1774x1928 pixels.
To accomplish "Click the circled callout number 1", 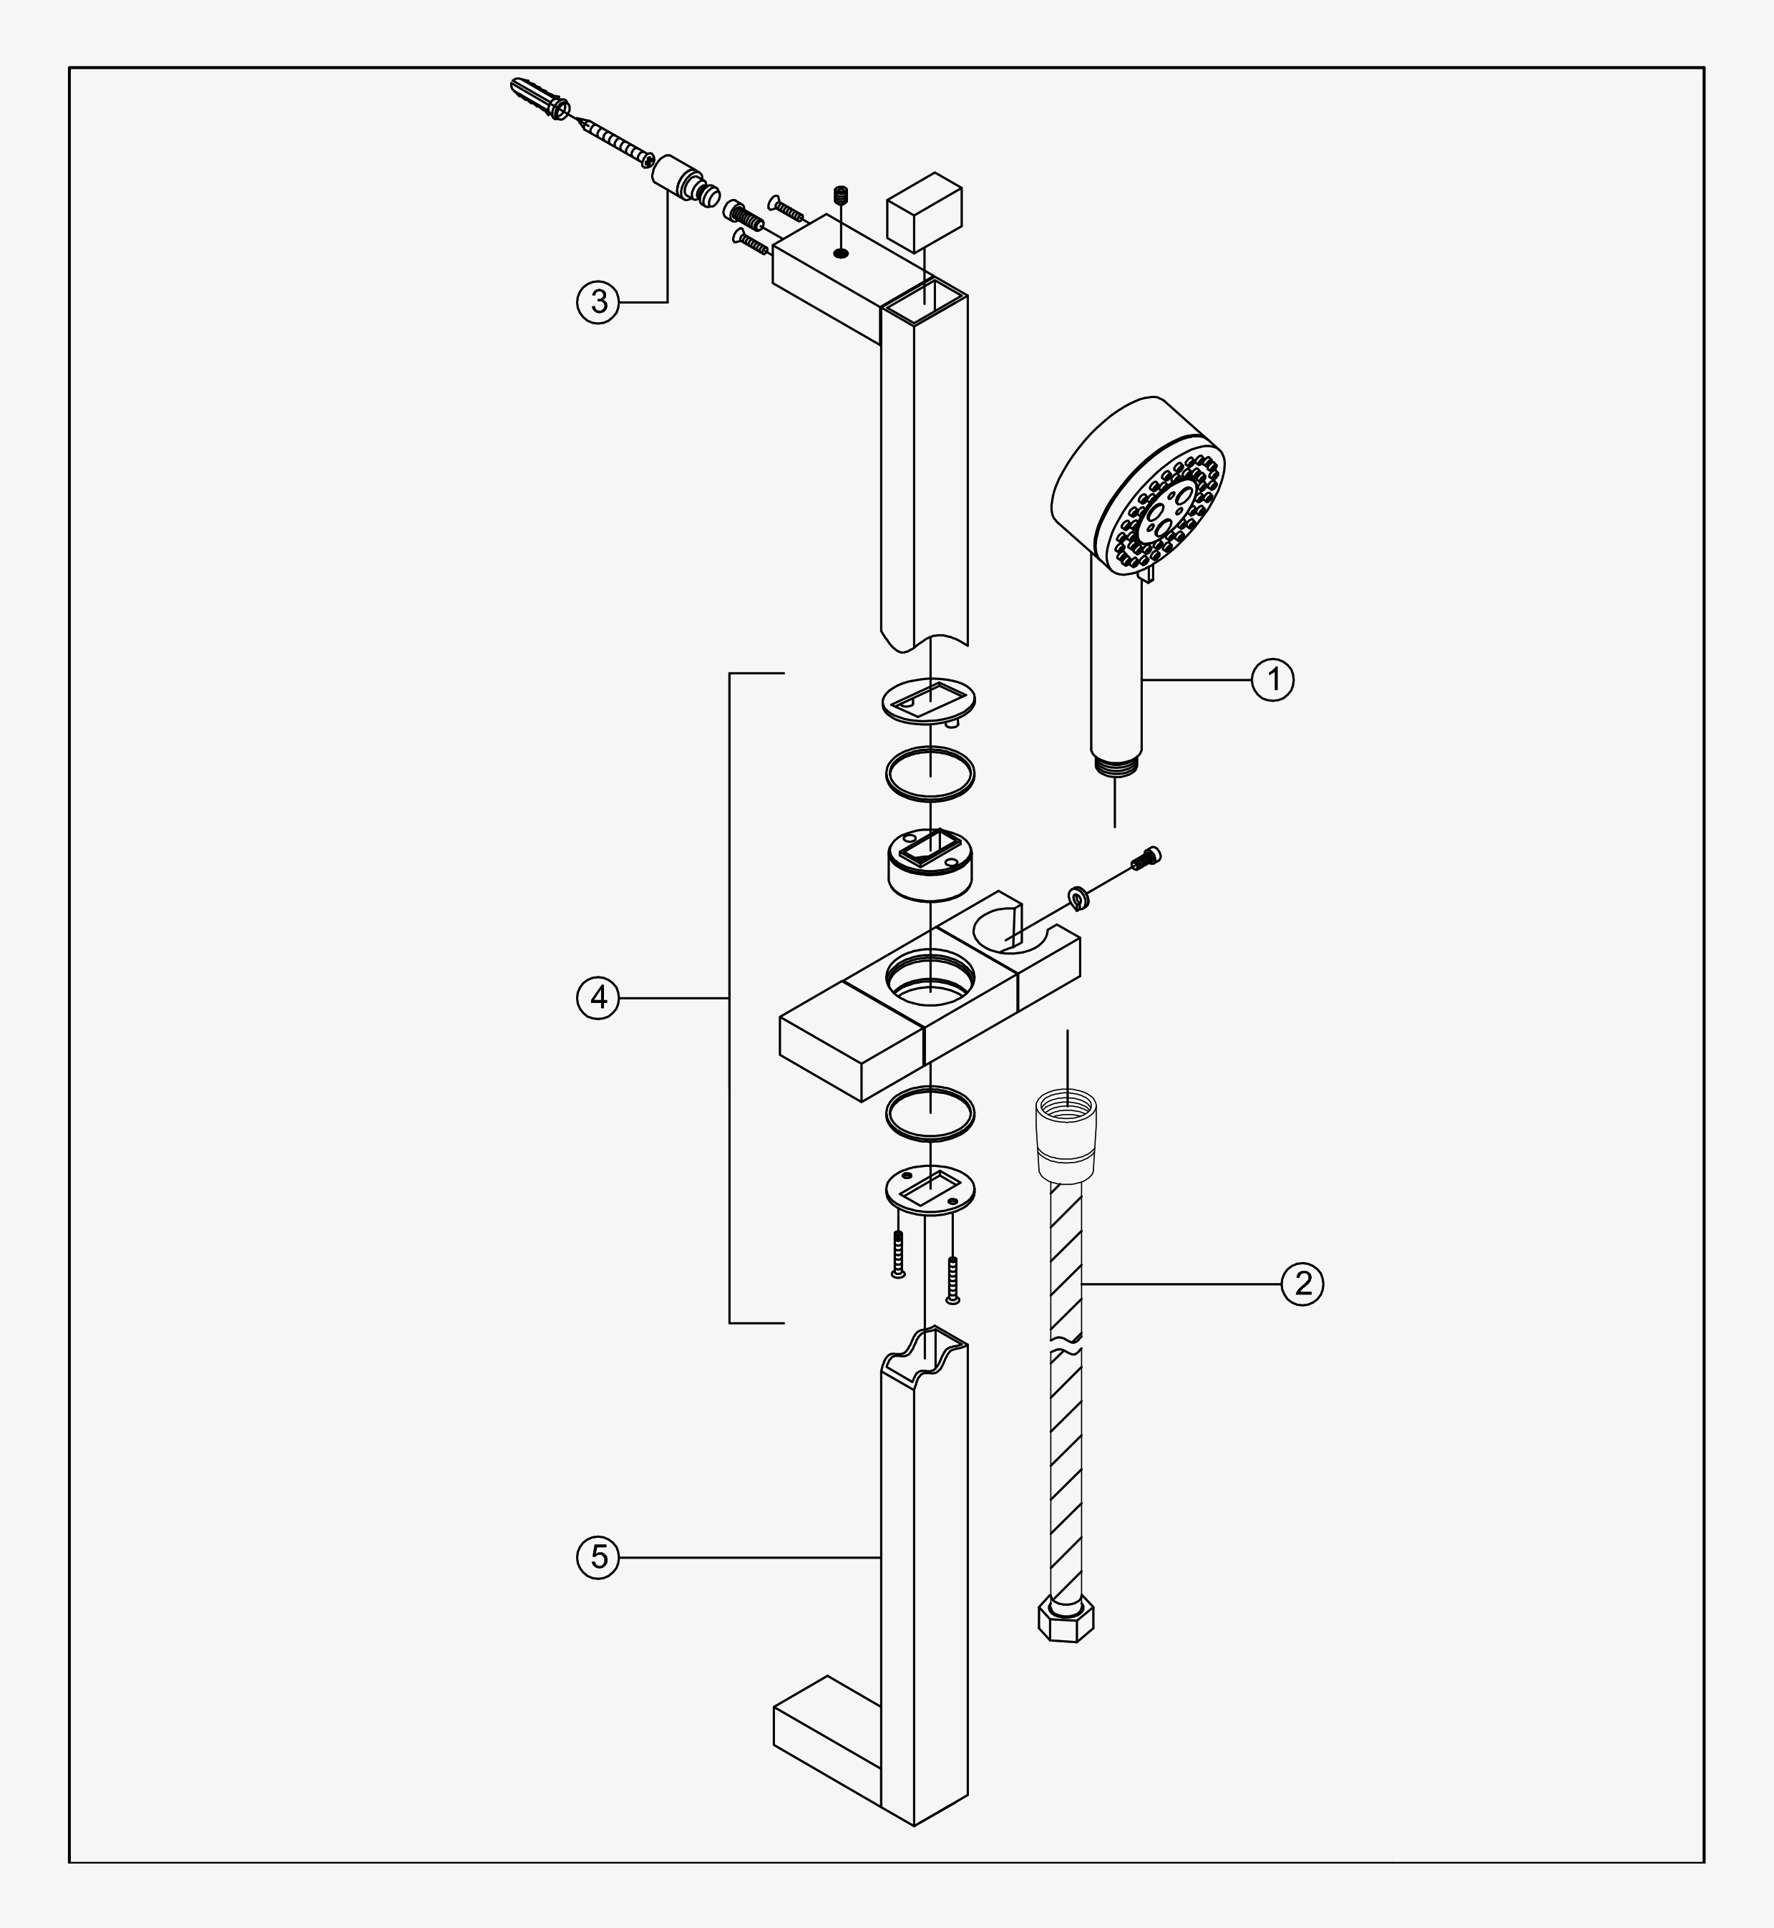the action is coord(1273,680).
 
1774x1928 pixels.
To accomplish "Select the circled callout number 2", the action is coord(1302,1283).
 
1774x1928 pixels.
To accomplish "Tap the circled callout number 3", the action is coord(599,302).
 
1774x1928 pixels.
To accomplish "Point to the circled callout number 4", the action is coord(599,999).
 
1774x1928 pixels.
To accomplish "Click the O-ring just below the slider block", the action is coord(930,1114).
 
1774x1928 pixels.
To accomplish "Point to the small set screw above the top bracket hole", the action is coord(842,194).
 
